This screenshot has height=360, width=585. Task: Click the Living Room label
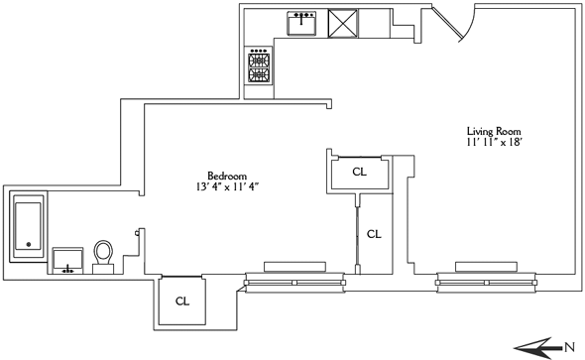click(494, 131)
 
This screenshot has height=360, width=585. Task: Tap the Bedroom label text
click(227, 176)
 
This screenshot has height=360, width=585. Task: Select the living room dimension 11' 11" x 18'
click(494, 142)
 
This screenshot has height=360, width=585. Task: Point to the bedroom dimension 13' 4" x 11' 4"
click(227, 186)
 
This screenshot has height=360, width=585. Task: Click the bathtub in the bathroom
click(29, 226)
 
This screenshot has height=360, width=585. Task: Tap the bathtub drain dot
click(29, 245)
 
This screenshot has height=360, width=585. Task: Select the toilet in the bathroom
click(103, 257)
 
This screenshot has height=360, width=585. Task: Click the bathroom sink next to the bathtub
click(67, 261)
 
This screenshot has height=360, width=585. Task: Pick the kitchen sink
click(301, 24)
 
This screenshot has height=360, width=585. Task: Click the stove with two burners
click(259, 65)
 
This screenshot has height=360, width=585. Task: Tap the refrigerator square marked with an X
click(342, 24)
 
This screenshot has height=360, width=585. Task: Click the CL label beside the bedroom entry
click(359, 172)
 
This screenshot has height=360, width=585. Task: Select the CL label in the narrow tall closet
click(374, 234)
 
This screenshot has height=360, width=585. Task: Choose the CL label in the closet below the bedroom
click(182, 301)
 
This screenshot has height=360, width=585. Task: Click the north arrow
click(538, 348)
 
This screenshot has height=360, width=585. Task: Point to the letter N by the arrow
click(569, 348)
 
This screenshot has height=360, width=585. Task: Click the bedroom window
click(294, 283)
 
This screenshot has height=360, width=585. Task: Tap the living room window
click(486, 283)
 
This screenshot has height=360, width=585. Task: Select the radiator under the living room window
click(486, 267)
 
